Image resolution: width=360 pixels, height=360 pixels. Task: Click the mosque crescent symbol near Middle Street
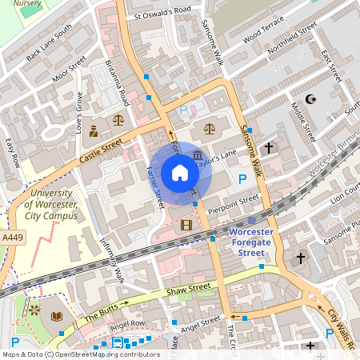(x=310, y=101)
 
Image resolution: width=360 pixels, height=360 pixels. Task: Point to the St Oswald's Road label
(x=163, y=13)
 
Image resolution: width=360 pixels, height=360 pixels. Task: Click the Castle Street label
(x=102, y=150)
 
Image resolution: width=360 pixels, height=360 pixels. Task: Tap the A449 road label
(x=12, y=238)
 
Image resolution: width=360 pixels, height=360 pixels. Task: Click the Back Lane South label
(x=49, y=44)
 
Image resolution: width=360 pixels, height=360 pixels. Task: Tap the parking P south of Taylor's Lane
(x=242, y=179)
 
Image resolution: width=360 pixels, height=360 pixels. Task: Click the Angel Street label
(x=200, y=324)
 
